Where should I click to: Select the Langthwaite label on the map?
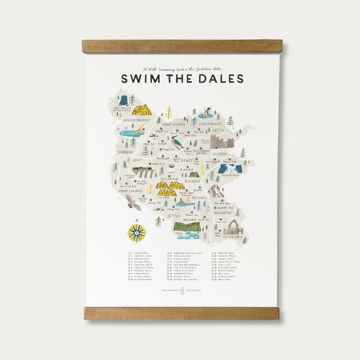211,124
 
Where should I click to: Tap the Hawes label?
187,160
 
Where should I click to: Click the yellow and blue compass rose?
136,232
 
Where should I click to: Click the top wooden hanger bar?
182,47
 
